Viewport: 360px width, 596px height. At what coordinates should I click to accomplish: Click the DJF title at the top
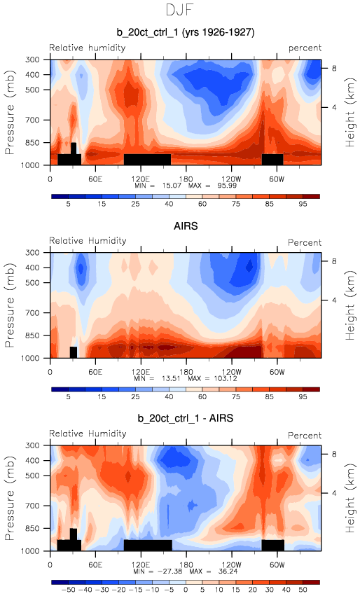180,10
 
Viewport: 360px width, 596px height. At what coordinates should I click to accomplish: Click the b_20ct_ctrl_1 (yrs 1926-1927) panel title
186,32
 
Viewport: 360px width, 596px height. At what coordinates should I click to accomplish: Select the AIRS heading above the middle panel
186,226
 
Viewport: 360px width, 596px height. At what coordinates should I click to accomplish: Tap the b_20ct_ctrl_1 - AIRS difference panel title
186,418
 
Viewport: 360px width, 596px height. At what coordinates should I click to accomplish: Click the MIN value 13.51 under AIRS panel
171,379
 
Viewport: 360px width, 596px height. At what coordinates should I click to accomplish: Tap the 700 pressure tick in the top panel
32,120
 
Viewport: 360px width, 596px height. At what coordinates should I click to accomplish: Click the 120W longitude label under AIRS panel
231,372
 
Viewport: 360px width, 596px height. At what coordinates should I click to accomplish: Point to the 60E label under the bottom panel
95,564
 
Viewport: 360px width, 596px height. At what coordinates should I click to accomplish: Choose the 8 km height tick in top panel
334,69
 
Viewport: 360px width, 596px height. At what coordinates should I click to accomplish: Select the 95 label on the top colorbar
303,204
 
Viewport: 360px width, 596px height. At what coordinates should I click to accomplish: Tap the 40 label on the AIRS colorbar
169,397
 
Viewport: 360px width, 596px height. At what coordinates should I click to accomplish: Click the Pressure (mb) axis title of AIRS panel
10,305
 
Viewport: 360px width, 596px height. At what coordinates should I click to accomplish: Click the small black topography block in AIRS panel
74,352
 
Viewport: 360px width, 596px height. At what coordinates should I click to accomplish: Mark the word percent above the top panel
305,48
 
